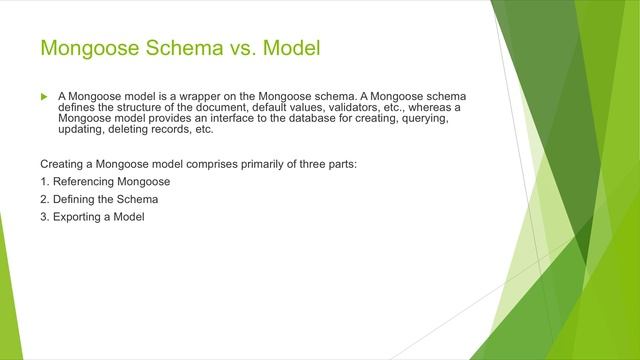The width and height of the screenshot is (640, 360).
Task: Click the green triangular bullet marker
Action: [x=44, y=96]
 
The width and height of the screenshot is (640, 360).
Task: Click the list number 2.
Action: [x=44, y=199]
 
